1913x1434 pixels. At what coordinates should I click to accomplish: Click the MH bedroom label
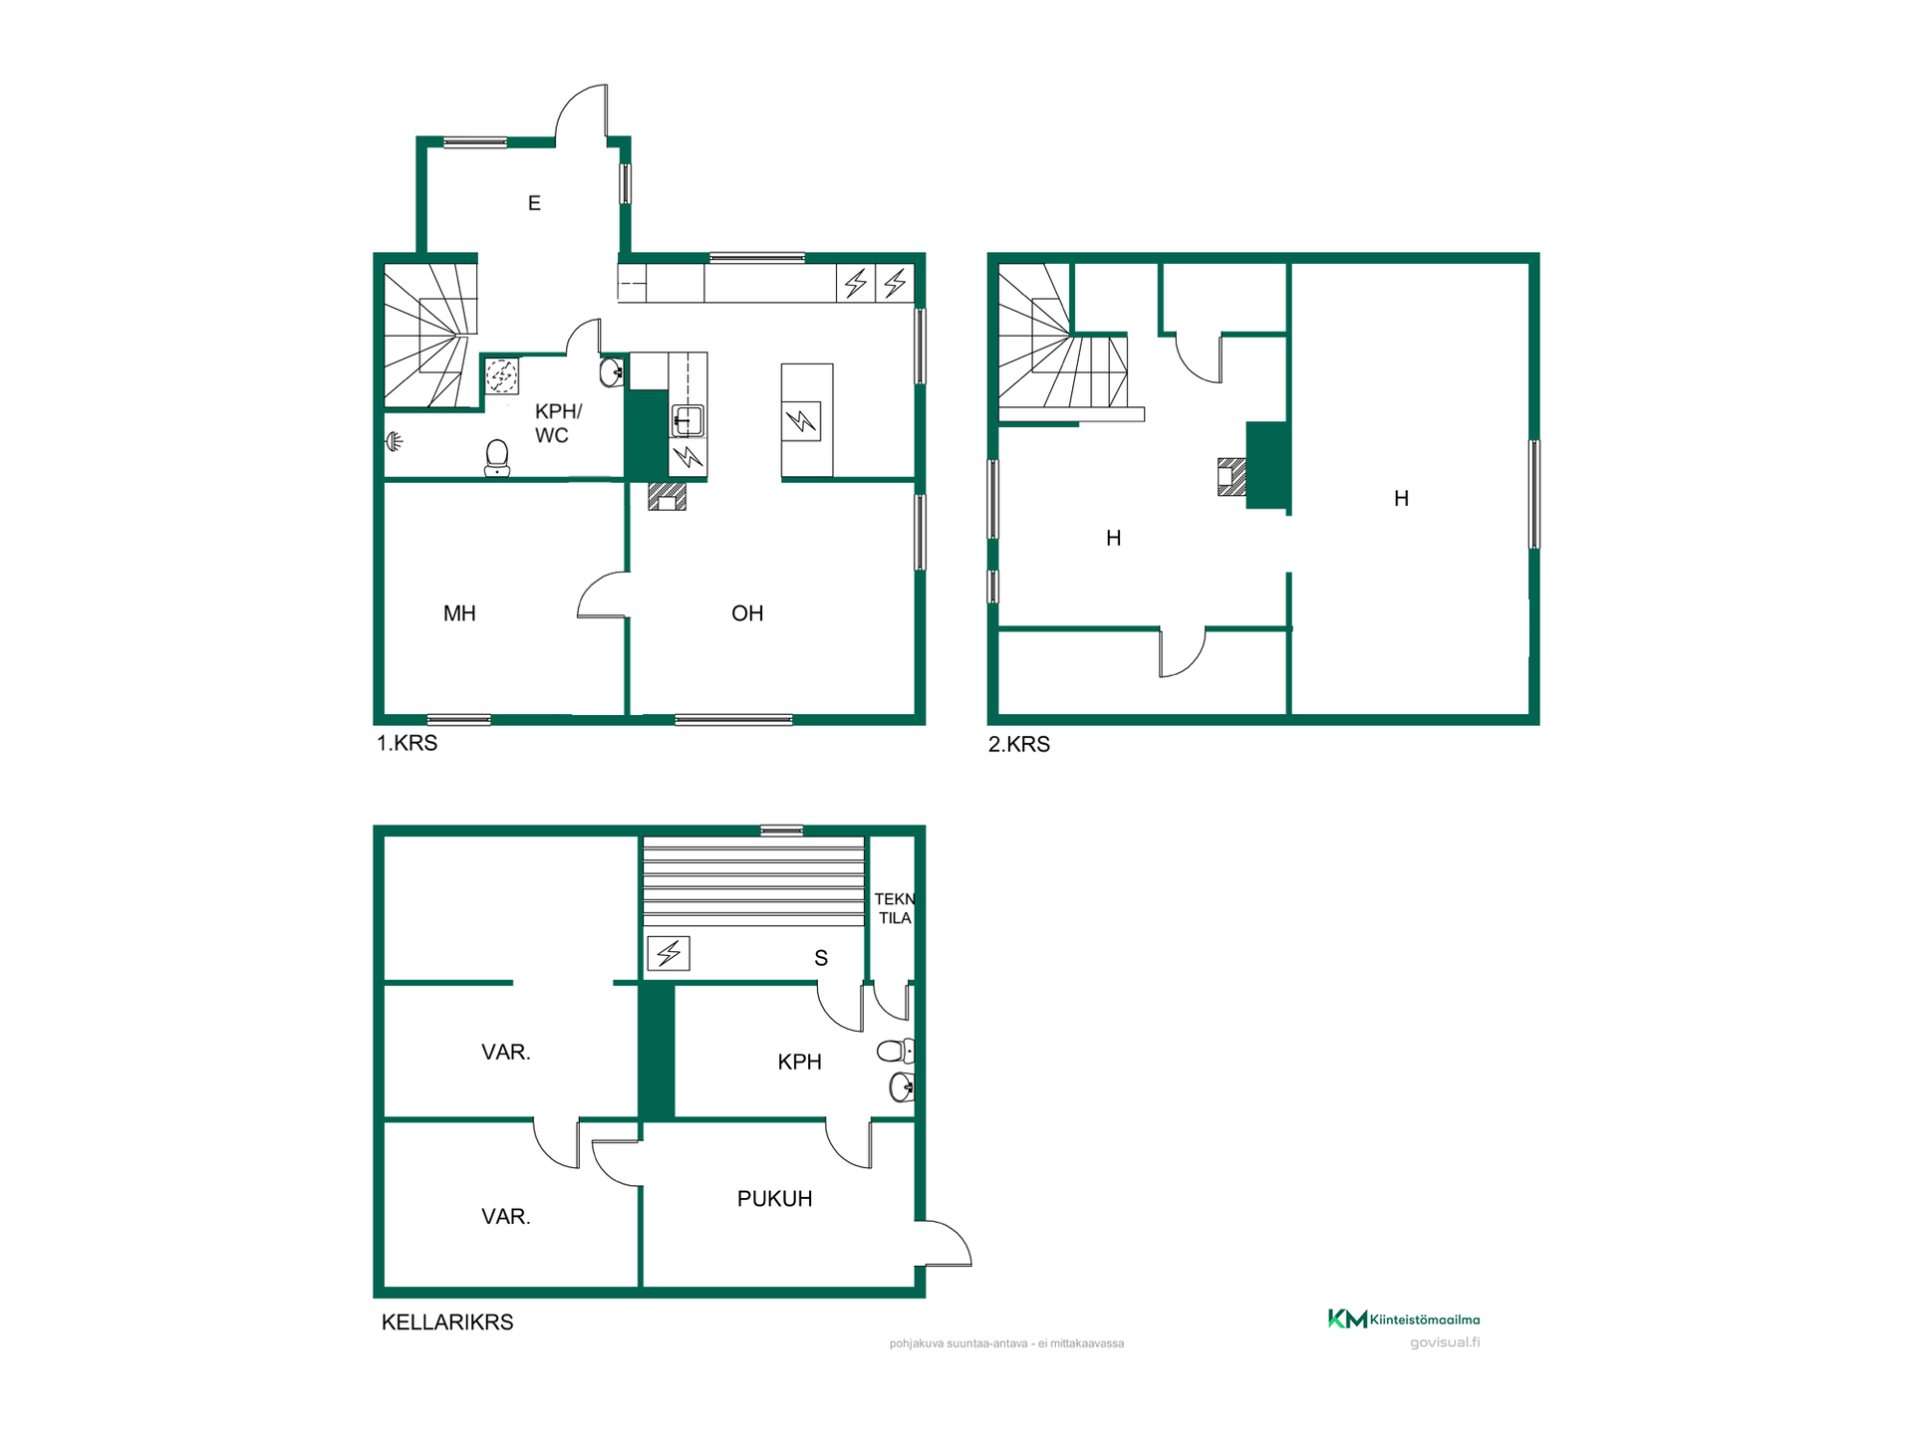coord(459,613)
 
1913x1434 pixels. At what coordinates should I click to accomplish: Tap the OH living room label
coord(747,613)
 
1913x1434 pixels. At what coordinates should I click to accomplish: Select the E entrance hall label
coord(534,203)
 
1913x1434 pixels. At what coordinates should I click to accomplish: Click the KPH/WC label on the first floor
coord(557,423)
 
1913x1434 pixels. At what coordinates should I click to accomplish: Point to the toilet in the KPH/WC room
coord(496,458)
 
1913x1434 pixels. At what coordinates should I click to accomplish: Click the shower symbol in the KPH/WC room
coord(395,441)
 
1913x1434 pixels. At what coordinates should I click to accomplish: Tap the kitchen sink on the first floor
coord(687,420)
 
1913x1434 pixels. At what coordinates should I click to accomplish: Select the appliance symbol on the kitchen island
coord(802,421)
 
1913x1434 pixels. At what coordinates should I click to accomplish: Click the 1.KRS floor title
coord(407,743)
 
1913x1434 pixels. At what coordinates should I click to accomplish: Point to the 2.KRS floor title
coord(1018,744)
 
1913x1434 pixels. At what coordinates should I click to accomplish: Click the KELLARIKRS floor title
coord(447,1322)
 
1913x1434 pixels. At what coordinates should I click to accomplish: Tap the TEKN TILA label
coord(894,908)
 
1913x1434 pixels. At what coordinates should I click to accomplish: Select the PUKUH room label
coord(774,1199)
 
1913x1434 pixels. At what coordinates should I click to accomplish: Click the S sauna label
coord(821,958)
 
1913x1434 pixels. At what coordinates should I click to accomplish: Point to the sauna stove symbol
coord(669,953)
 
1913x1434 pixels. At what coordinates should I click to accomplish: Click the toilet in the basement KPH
coord(896,1051)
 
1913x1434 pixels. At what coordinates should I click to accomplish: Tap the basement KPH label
coord(799,1063)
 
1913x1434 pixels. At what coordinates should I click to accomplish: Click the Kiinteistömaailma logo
coord(1404,1319)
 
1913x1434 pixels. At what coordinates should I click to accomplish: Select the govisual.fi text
coord(1445,1342)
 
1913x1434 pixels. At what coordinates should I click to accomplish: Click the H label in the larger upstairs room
coord(1401,499)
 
